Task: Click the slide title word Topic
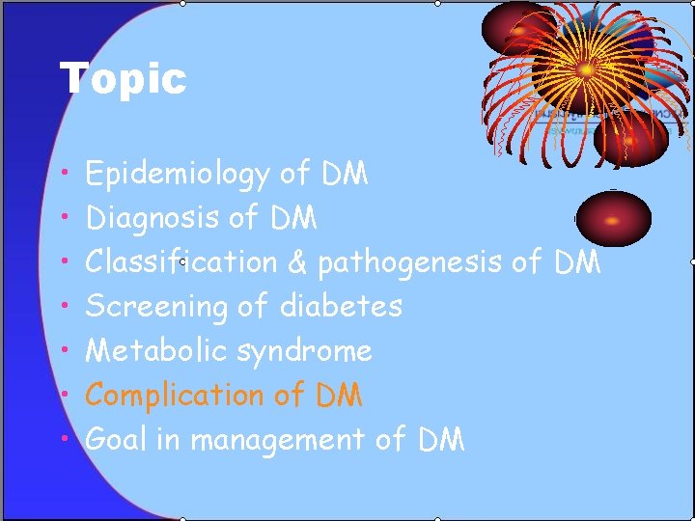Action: (123, 78)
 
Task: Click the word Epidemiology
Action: (177, 175)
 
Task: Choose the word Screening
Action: (156, 308)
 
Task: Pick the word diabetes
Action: (341, 307)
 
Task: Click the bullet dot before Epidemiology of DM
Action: (63, 174)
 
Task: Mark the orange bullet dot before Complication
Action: (63, 395)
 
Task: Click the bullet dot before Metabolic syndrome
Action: (63, 350)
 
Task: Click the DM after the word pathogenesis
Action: (577, 261)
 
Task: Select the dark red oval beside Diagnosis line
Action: (613, 217)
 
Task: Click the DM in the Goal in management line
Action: (441, 440)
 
